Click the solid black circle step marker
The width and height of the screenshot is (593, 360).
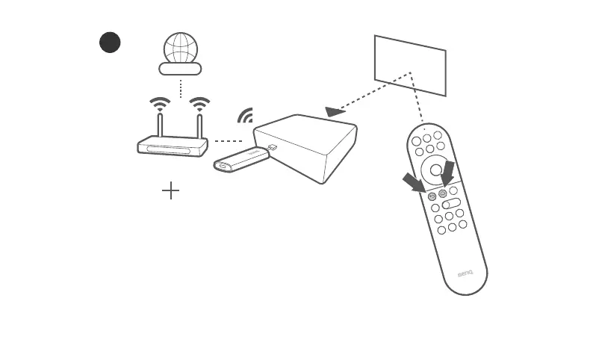point(110,43)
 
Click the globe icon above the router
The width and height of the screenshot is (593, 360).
point(179,49)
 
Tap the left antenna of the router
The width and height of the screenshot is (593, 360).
point(160,125)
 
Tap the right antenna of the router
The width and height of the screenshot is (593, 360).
point(199,125)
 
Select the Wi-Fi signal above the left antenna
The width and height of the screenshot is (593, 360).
point(160,104)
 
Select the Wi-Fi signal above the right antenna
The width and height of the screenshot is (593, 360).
point(199,104)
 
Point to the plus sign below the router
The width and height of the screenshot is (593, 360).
point(171,191)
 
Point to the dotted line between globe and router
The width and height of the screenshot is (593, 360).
point(180,87)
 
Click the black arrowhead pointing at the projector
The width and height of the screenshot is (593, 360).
point(335,111)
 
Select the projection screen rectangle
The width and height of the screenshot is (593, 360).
point(410,65)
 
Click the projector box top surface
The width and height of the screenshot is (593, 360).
point(305,131)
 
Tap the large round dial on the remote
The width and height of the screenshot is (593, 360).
point(436,170)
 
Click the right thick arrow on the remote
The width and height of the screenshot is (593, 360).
point(447,173)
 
